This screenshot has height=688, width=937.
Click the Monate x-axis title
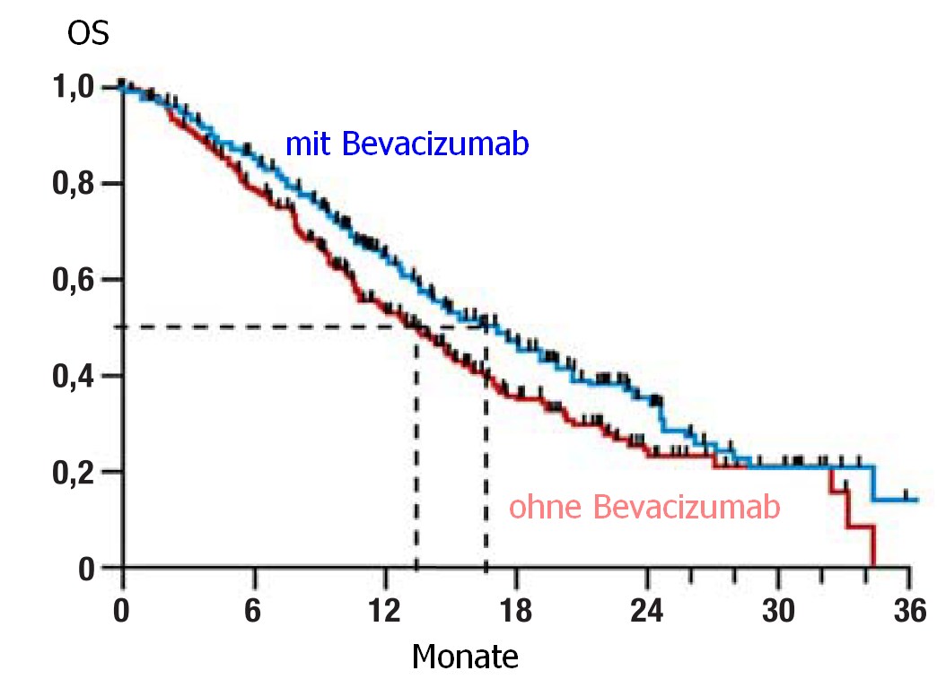[464, 657]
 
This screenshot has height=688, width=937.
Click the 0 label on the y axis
[86, 568]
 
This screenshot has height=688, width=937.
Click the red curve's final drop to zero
[872, 547]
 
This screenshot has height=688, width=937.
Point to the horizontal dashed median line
[269, 327]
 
